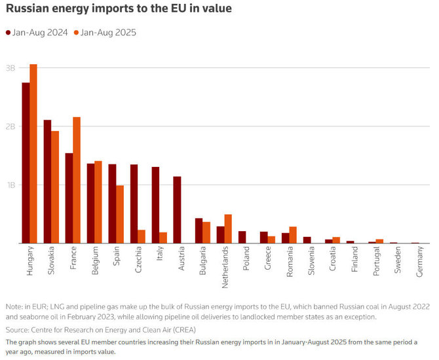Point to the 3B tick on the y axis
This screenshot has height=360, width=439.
tap(10, 68)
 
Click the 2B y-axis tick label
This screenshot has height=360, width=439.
tap(10, 126)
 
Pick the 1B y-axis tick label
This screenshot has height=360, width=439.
tap(10, 185)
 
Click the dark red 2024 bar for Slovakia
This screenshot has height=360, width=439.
tap(48, 181)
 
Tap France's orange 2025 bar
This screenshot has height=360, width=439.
tap(77, 180)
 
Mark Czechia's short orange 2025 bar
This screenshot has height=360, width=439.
tap(142, 236)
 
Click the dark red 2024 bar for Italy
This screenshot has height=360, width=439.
tap(155, 205)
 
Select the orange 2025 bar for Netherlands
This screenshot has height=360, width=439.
tap(228, 228)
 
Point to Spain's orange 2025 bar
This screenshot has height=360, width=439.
tap(119, 214)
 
